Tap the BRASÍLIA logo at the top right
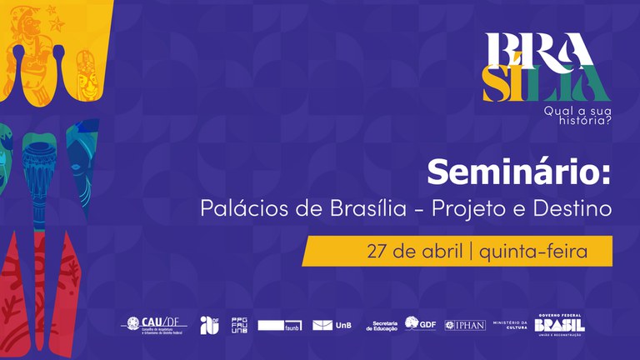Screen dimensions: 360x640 [546, 67]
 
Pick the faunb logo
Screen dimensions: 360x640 [281, 325]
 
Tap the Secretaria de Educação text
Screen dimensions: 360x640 [382, 325]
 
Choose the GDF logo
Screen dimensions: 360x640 [420, 323]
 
